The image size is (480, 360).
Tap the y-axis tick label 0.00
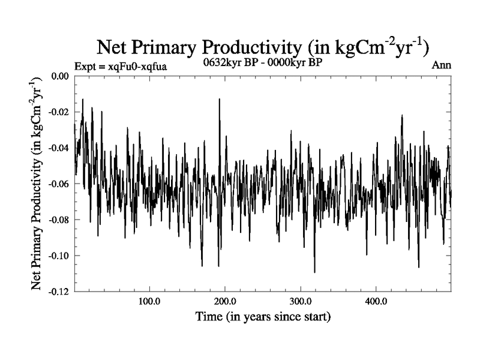point(59,77)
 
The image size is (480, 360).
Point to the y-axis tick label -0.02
point(58,113)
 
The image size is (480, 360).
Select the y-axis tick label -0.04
point(58,148)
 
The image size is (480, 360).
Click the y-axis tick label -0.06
point(58,184)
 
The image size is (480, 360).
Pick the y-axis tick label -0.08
point(58,220)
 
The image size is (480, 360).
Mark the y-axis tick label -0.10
point(58,256)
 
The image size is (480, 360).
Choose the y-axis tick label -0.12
point(58,292)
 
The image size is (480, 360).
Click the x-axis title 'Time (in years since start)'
point(263,316)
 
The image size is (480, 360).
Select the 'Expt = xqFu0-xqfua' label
point(120,67)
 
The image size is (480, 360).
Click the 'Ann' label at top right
point(442,65)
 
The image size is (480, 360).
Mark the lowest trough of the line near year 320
point(314,272)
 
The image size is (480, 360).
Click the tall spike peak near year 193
point(220,99)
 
